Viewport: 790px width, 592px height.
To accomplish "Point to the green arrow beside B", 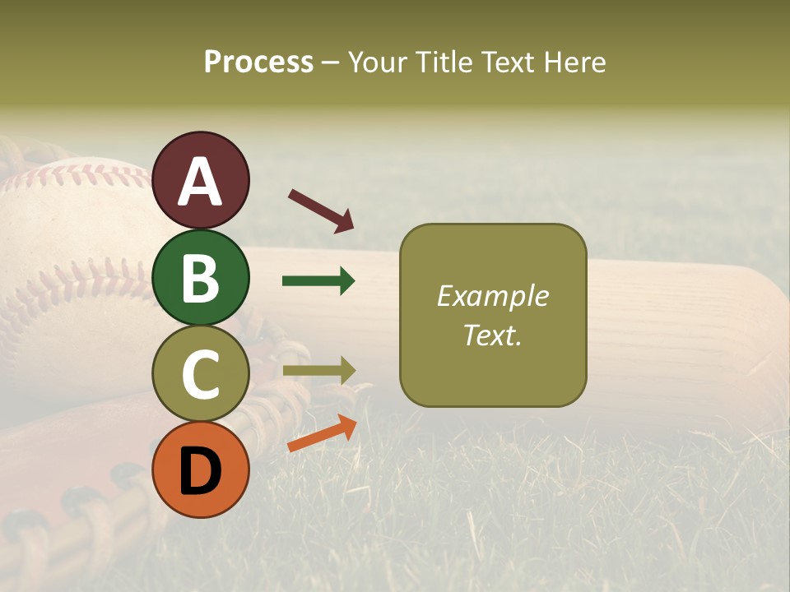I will point(318,281).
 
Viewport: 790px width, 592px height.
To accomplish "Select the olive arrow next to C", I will point(318,371).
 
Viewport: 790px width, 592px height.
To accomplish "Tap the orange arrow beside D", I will point(322,433).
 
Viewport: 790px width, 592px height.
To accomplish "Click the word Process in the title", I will point(258,62).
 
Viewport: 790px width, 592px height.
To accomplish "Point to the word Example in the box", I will point(492,296).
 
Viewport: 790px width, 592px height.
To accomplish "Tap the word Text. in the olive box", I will point(492,335).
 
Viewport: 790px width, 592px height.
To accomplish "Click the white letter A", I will point(201,182).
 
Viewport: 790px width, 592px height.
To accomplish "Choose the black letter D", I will point(201,470).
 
